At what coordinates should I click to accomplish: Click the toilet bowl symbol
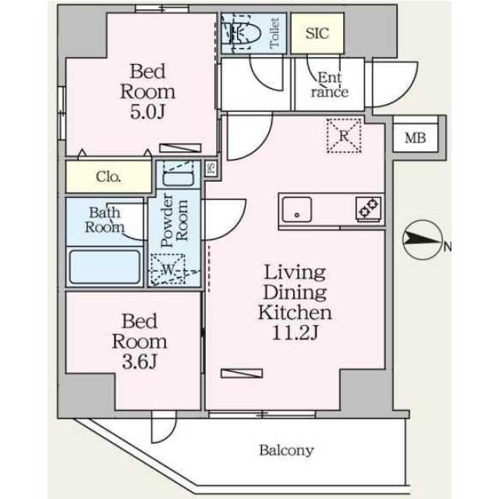[241, 33]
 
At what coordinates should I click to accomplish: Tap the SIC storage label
[317, 33]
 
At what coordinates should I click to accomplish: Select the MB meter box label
[416, 138]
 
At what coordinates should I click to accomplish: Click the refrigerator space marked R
[344, 136]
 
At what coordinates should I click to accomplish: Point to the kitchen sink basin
[297, 210]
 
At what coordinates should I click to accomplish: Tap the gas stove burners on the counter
[369, 208]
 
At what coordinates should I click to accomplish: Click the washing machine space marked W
[168, 270]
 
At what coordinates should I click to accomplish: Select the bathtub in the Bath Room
[104, 267]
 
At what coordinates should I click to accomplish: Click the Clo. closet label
[108, 177]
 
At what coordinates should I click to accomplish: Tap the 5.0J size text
[147, 111]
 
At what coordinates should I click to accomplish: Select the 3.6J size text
[140, 362]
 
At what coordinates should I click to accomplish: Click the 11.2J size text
[295, 333]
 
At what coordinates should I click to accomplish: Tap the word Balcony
[286, 451]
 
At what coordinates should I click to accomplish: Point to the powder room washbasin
[179, 179]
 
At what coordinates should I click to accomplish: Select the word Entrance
[330, 85]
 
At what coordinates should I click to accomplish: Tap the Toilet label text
[274, 33]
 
